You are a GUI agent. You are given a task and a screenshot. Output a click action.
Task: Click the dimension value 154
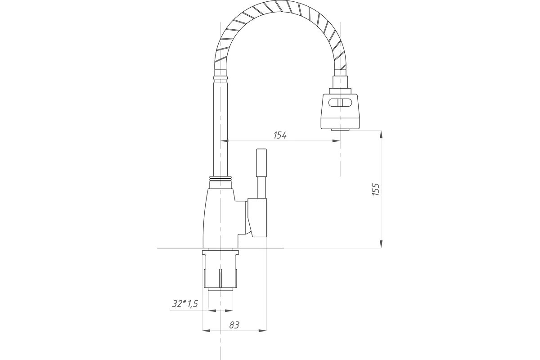pyautogui.click(x=280, y=135)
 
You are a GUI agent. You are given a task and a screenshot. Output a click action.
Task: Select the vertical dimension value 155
pyautogui.click(x=376, y=189)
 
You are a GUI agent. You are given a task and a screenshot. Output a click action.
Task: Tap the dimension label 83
pyautogui.click(x=234, y=325)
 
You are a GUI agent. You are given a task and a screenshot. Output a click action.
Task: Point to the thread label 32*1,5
pyautogui.click(x=185, y=304)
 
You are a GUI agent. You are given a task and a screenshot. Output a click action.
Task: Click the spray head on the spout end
pyautogui.click(x=340, y=111)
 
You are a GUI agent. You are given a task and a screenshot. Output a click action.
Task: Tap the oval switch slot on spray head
pyautogui.click(x=340, y=103)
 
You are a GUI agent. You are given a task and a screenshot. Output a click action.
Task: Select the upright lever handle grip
pyautogui.click(x=261, y=163)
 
